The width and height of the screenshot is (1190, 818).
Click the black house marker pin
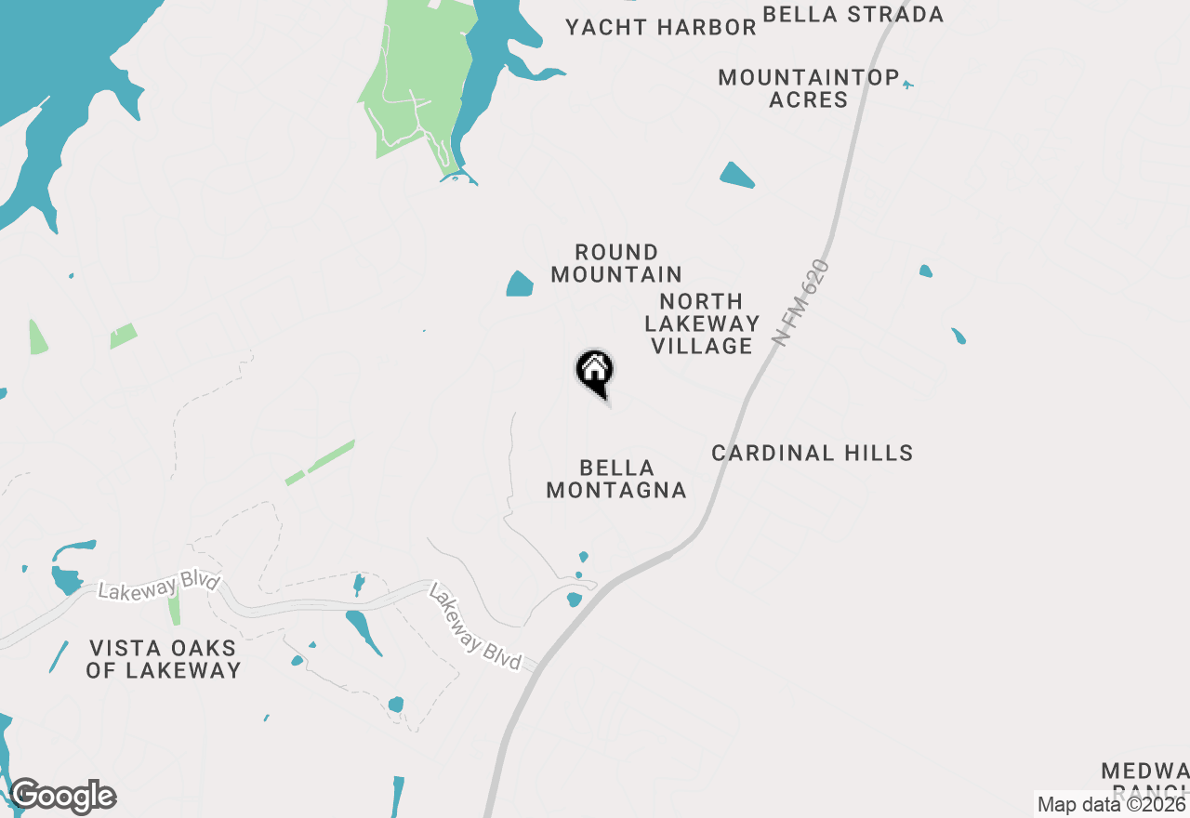[595, 372]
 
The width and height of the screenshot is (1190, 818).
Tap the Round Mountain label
[616, 263]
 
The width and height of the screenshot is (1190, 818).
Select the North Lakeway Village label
[702, 323]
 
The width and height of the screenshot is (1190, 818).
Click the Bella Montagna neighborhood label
[616, 479]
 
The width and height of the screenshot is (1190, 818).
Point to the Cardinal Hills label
[812, 453]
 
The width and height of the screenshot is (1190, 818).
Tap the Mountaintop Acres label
[808, 88]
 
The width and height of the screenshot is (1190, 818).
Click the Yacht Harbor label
[661, 28]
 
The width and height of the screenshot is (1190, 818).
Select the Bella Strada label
[853, 14]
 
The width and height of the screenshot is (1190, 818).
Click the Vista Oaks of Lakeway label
[164, 658]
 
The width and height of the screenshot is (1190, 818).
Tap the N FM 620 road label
[800, 303]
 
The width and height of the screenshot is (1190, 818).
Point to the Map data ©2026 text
[1110, 804]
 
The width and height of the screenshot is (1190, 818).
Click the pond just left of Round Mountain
[520, 284]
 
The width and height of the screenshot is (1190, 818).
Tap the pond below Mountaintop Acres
[736, 175]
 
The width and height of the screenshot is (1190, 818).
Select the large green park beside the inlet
[409, 84]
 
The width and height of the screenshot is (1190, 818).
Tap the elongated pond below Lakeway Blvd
[363, 630]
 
